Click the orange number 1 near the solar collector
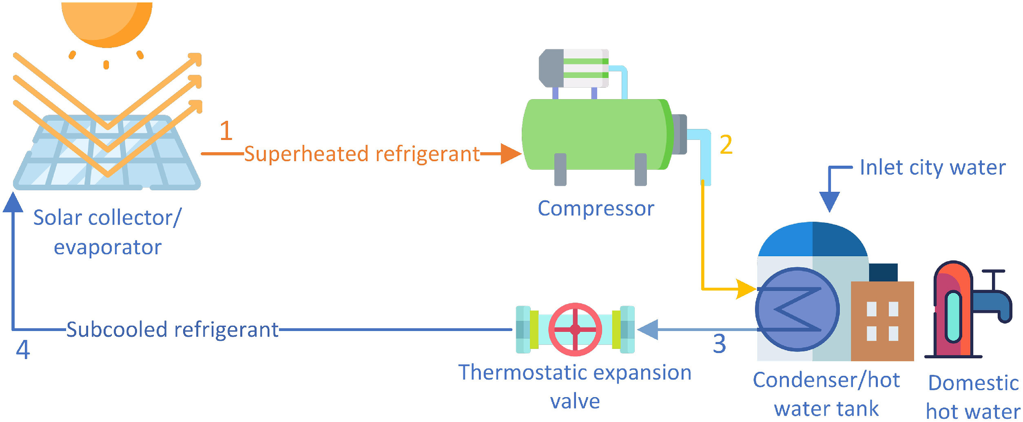tap(226, 131)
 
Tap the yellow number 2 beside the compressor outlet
tap(726, 144)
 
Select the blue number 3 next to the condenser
tap(720, 344)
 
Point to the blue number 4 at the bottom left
tap(23, 349)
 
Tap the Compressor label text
tap(596, 209)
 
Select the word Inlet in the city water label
tap(875, 167)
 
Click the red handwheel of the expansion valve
tap(575, 329)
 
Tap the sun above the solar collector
tap(107, 22)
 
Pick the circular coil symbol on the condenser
tap(797, 309)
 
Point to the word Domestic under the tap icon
tap(973, 383)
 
